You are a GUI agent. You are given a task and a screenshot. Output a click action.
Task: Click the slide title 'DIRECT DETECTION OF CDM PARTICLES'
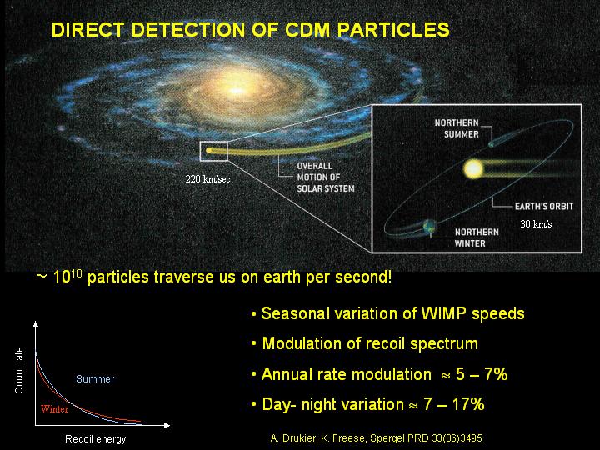pyautogui.click(x=250, y=30)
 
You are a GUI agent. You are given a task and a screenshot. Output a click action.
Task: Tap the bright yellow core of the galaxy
pyautogui.click(x=237, y=91)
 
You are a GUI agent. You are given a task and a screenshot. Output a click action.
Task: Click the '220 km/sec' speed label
pyautogui.click(x=207, y=179)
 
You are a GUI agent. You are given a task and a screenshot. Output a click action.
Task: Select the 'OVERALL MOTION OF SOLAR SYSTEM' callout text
pyautogui.click(x=326, y=177)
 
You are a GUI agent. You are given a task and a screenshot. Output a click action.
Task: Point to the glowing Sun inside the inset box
pyautogui.click(x=473, y=168)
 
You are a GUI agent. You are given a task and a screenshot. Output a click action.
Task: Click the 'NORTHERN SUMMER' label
pyautogui.click(x=457, y=128)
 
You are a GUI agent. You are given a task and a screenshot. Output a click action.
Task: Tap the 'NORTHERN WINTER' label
pyautogui.click(x=477, y=237)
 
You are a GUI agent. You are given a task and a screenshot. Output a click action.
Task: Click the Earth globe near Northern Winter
pyautogui.click(x=430, y=226)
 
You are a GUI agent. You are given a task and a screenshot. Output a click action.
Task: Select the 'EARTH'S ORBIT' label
pyautogui.click(x=543, y=207)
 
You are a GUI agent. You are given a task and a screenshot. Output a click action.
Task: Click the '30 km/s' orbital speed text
pyautogui.click(x=536, y=224)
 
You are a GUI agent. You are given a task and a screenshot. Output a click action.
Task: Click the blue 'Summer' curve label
pyautogui.click(x=95, y=379)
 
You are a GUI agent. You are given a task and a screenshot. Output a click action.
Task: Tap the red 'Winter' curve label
pyautogui.click(x=54, y=409)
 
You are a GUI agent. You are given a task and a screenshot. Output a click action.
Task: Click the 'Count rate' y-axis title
pyautogui.click(x=18, y=370)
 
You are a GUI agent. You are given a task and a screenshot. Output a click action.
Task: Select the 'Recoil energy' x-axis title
pyautogui.click(x=95, y=439)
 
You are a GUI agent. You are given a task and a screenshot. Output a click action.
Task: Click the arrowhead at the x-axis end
pyautogui.click(x=167, y=425)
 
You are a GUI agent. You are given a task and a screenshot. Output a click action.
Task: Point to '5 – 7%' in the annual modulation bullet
pyautogui.click(x=482, y=374)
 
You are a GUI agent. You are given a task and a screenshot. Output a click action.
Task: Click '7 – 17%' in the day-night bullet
pyautogui.click(x=453, y=404)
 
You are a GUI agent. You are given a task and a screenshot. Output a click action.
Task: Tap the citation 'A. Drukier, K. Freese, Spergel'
pyautogui.click(x=327, y=438)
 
